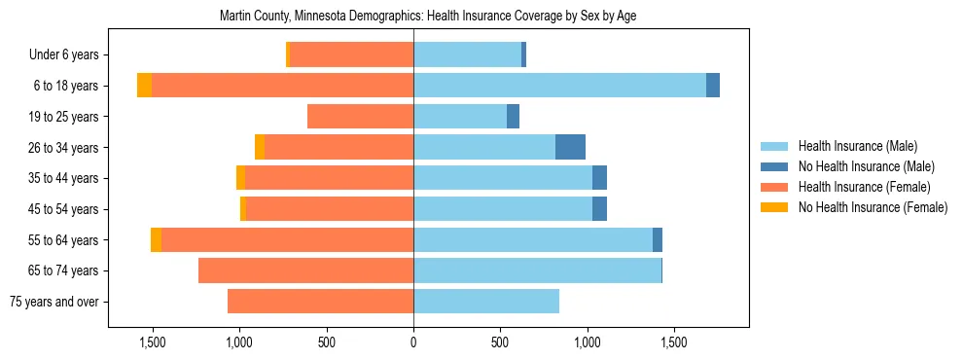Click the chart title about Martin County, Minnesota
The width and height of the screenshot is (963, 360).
coord(428,17)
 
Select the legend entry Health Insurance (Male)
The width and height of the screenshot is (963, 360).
coord(857,146)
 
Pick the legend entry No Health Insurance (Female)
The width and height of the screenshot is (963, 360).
coord(872,207)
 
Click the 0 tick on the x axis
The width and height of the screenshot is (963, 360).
coord(413,342)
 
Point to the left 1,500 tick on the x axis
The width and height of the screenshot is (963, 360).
coord(152,342)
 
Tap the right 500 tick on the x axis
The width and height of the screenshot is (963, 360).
coord(500,342)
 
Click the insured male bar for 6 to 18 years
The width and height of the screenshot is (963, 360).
coord(559,86)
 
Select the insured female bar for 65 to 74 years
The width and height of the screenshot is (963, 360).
coord(305,270)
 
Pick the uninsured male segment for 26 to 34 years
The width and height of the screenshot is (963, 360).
coord(570,147)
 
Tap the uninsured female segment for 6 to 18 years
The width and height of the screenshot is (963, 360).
coord(144,86)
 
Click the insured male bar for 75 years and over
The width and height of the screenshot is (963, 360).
coord(486,302)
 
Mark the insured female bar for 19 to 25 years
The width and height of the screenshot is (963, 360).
coord(360,117)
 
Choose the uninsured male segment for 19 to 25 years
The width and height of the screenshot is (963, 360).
coord(514,117)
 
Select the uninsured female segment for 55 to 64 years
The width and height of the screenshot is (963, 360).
coord(156,239)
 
